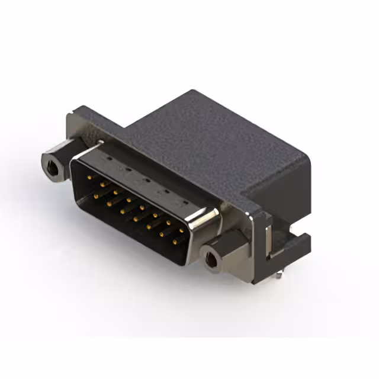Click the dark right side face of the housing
284,189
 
